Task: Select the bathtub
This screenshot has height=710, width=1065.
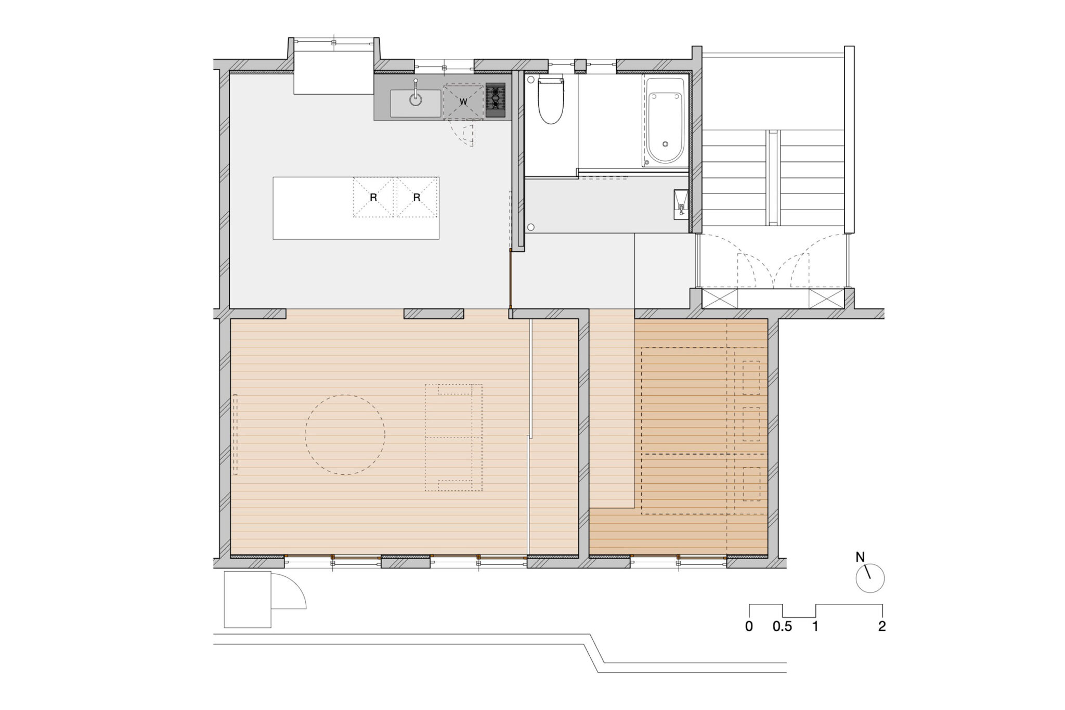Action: click(x=666, y=122)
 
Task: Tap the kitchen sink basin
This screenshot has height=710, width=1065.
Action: click(x=415, y=103)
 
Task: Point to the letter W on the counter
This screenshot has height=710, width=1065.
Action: click(x=463, y=101)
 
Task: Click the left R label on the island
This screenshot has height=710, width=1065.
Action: click(x=373, y=198)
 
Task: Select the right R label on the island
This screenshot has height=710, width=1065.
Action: click(x=417, y=198)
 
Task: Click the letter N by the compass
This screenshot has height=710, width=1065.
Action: click(x=860, y=557)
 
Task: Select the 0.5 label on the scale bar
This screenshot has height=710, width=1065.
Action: click(x=782, y=627)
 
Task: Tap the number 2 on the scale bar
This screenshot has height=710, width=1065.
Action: click(x=882, y=627)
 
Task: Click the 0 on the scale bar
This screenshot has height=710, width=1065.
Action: click(x=749, y=627)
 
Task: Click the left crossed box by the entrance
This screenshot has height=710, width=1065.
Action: click(x=720, y=299)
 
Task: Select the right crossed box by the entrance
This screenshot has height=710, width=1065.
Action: click(x=826, y=299)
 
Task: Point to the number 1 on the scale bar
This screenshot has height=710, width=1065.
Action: click(x=815, y=627)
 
